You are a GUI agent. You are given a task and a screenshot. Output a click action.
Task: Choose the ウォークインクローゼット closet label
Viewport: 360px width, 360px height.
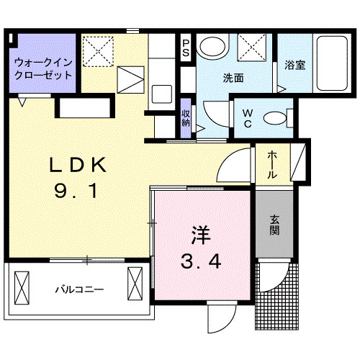coord(42,68)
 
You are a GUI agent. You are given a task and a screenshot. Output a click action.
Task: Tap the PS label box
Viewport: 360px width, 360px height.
coord(186,48)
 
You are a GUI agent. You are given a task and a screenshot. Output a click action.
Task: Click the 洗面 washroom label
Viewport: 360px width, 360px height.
coord(231,78)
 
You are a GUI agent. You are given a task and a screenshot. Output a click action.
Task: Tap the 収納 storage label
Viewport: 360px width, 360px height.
coord(186,117)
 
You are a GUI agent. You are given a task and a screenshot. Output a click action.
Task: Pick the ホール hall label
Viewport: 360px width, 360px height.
coord(273,165)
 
